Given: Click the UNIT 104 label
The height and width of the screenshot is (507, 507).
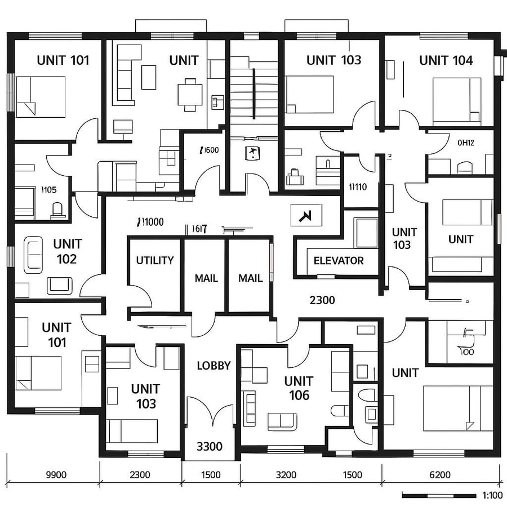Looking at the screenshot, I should pos(446,60).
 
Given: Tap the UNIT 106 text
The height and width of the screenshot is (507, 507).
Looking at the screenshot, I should pos(299,388).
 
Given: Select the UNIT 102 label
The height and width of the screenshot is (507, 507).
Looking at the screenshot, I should pos(67,251).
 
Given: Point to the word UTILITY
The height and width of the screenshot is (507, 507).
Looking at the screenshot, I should pos(155,260).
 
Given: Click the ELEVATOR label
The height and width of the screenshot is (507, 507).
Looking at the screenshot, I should pos(339,261).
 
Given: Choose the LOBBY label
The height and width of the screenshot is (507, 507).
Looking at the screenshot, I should pos(214,366).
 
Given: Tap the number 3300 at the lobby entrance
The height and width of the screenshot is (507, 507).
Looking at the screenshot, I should pos(209,447).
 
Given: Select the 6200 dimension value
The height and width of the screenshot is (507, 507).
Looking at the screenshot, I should pos(439,475).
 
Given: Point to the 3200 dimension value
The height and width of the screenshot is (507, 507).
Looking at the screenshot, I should pos(286,475).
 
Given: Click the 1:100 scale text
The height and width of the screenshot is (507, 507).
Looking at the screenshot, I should pos(492,496).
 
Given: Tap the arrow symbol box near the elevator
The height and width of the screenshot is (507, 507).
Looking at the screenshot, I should pos(306,215).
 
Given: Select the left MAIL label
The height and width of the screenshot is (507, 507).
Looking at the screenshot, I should pos(206,278).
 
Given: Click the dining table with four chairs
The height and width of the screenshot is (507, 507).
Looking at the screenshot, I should pos(190,94).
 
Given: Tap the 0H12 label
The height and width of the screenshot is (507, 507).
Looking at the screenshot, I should pos(465,143).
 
